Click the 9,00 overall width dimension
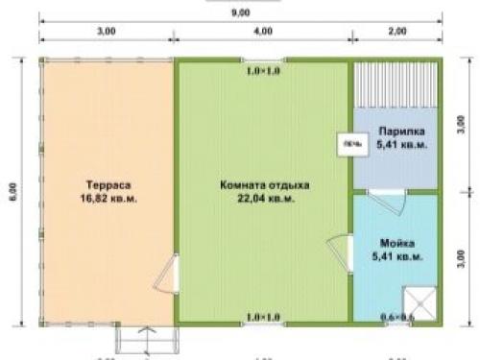(240, 12)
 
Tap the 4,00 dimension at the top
(261, 32)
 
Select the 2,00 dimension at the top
(395, 32)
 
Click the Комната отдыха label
(257, 185)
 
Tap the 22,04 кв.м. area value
(257, 200)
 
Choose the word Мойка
(396, 242)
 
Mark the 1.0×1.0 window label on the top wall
(262, 71)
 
